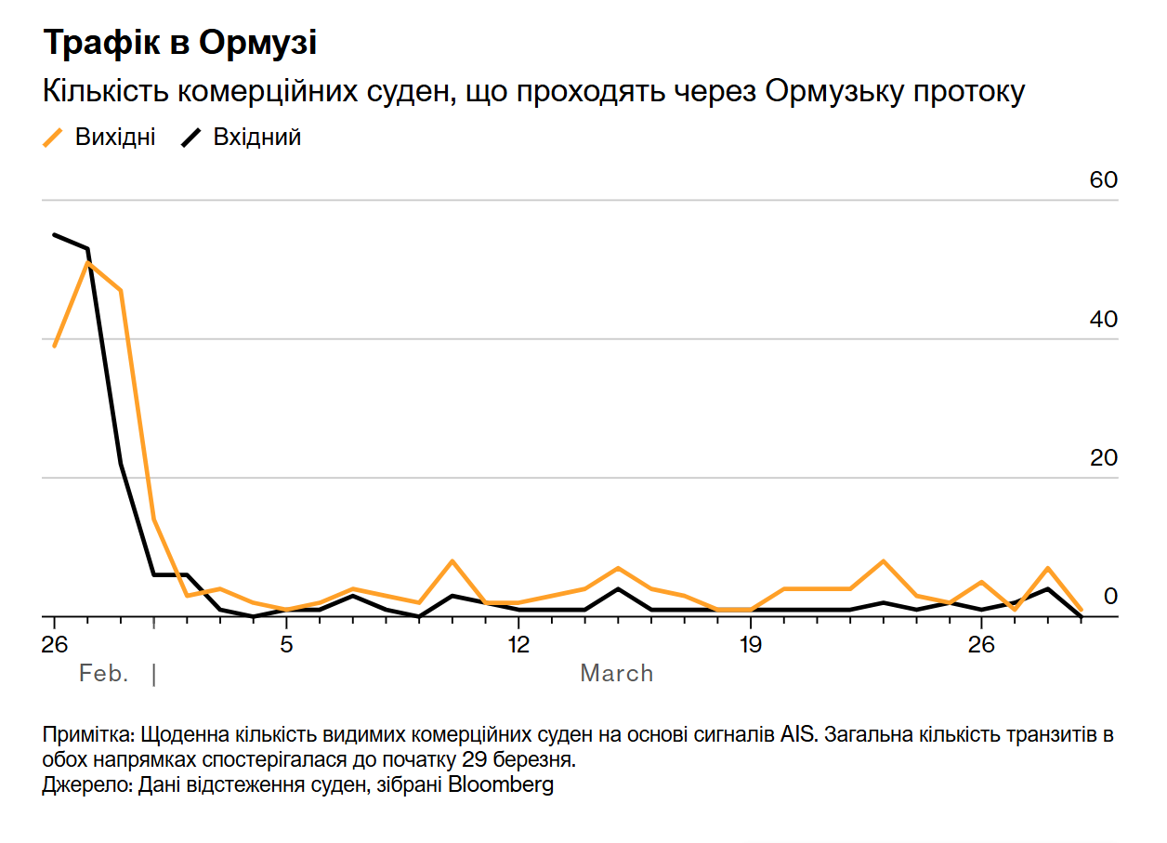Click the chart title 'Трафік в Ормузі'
(179, 43)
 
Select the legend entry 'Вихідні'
(114, 138)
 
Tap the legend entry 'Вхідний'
(257, 138)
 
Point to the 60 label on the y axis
(1103, 180)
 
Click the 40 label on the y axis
(1103, 319)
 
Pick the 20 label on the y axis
(1103, 458)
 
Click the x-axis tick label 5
(286, 645)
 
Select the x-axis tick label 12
(518, 645)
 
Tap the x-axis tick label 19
(749, 645)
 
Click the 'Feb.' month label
(103, 674)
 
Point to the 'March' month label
(616, 674)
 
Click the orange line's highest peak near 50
(87, 263)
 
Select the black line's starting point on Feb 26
(55, 235)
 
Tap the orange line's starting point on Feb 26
(55, 346)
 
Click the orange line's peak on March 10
(452, 561)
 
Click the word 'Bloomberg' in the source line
(501, 784)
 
